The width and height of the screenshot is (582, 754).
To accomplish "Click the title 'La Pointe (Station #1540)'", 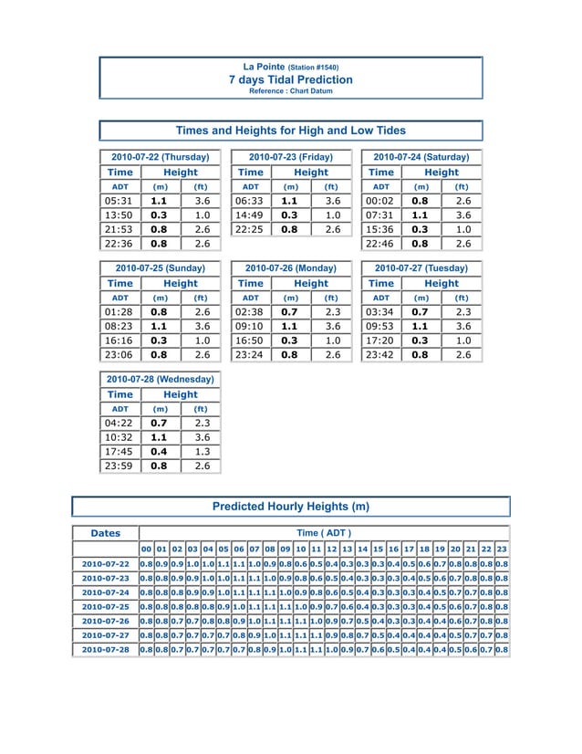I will pyautogui.click(x=290, y=67).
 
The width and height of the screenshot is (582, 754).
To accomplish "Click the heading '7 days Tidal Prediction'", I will pyautogui.click(x=290, y=79).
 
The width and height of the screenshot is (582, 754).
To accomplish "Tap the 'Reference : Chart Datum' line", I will pyautogui.click(x=290, y=91).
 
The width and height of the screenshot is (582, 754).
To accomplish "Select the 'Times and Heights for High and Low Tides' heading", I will pyautogui.click(x=290, y=131).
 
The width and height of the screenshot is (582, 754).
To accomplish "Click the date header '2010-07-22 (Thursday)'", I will pyautogui.click(x=160, y=157).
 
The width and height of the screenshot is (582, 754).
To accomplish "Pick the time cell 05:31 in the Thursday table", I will pyautogui.click(x=120, y=201).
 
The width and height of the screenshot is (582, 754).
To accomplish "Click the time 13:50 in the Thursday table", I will pyautogui.click(x=120, y=215).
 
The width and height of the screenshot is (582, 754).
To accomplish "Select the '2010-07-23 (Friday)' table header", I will pyautogui.click(x=290, y=157).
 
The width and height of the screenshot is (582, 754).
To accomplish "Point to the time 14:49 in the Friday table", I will pyautogui.click(x=250, y=215).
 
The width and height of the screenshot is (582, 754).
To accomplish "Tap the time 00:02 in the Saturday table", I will pyautogui.click(x=380, y=201).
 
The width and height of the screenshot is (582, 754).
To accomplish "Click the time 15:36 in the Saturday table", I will pyautogui.click(x=380, y=230).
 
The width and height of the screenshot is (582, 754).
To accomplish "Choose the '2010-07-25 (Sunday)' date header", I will pyautogui.click(x=160, y=268).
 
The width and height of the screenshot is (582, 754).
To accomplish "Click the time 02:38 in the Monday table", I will pyautogui.click(x=250, y=311).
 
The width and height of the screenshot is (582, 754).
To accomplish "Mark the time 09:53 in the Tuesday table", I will pyautogui.click(x=380, y=326).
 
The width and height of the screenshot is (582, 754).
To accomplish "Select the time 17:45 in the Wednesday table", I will pyautogui.click(x=120, y=451).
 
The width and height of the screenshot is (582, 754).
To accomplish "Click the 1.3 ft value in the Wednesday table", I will pyautogui.click(x=202, y=451).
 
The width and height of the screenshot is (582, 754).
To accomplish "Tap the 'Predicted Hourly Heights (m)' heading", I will pyautogui.click(x=290, y=506).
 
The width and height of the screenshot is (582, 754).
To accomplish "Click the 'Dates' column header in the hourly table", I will pyautogui.click(x=105, y=533).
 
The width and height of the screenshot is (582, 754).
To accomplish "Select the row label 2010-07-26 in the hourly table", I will pyautogui.click(x=105, y=620).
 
